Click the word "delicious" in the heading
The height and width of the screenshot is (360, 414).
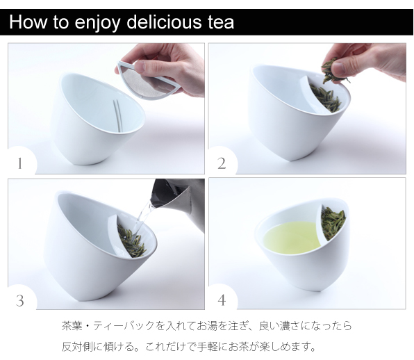(164, 22)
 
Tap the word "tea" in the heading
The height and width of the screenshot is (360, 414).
(221, 23)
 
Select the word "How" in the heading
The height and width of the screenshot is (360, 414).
(28, 22)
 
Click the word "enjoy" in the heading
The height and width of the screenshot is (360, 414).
(98, 24)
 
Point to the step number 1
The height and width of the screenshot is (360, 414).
(20, 163)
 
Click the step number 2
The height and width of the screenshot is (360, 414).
(222, 163)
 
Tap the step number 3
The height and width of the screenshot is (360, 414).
(20, 300)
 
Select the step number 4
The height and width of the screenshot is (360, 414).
(222, 300)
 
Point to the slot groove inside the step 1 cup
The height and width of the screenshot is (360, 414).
(117, 115)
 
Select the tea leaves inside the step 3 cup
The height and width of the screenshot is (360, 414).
(131, 242)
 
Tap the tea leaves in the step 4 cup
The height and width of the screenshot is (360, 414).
(333, 222)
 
